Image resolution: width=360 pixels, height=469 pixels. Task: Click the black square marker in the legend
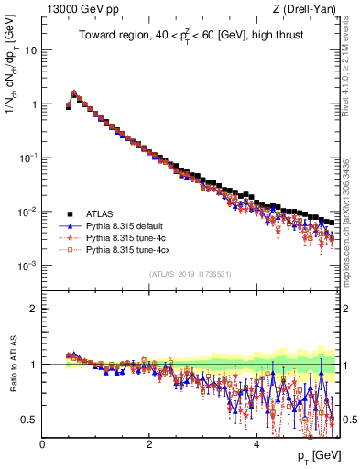coord(67,212)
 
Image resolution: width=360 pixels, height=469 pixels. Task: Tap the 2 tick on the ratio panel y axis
coord(35,309)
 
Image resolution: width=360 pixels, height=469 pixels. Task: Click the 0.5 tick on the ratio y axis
coord(31,420)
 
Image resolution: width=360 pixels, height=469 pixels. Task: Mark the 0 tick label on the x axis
coord(43,443)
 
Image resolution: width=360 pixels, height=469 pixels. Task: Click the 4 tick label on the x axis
coord(256,443)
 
